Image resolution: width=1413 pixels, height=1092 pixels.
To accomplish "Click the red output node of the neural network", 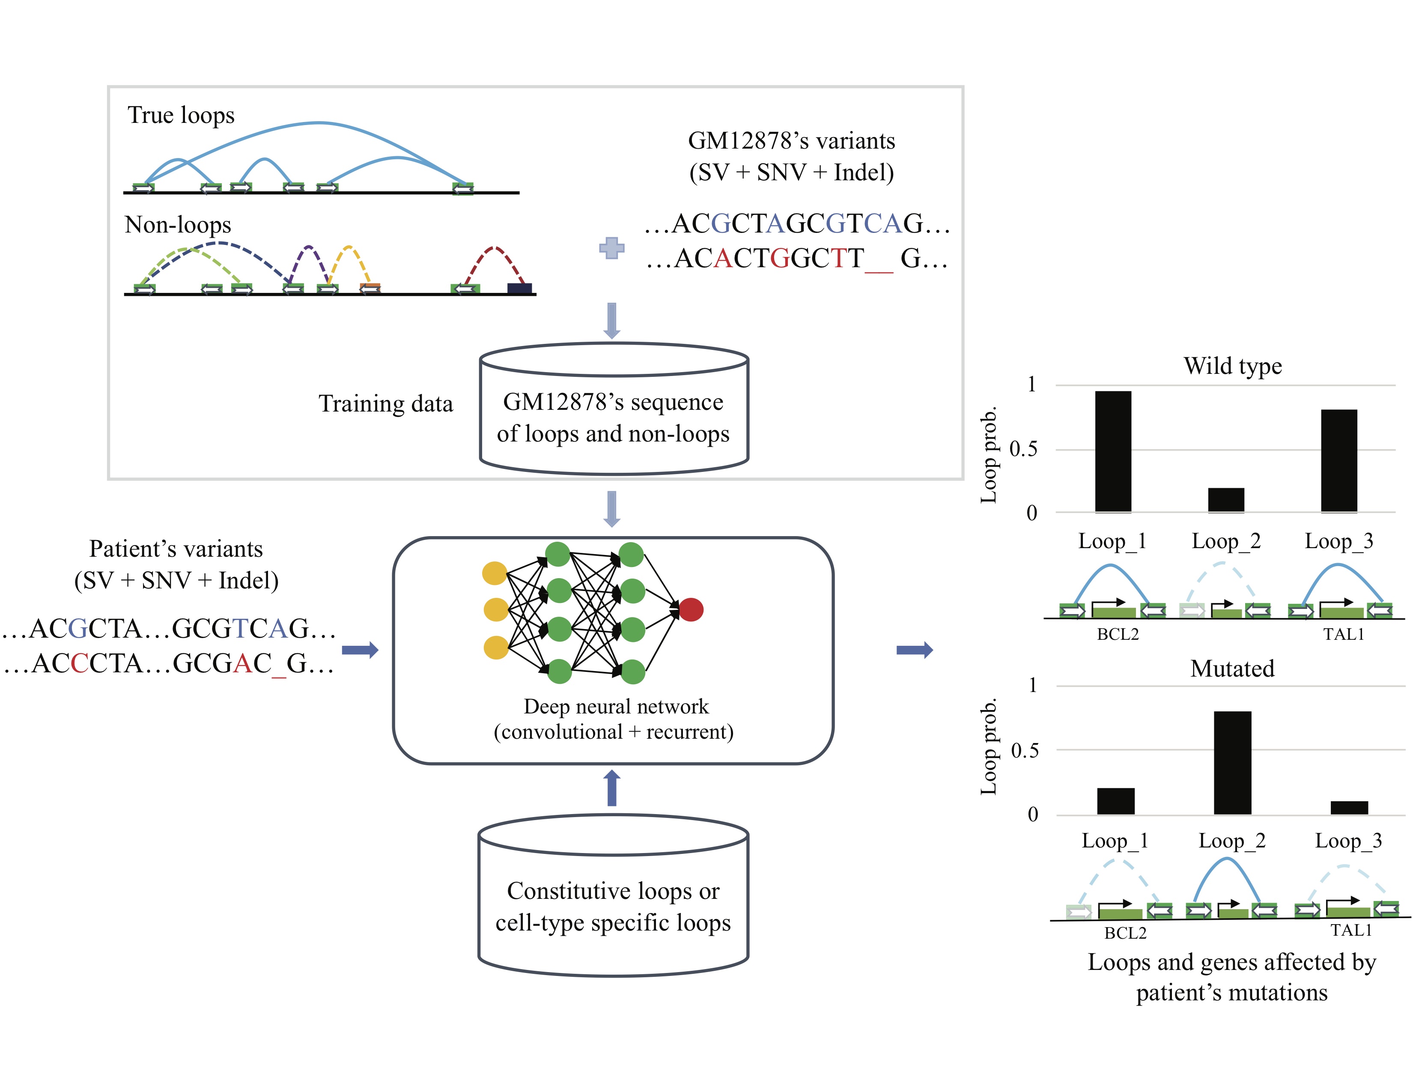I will click(691, 609).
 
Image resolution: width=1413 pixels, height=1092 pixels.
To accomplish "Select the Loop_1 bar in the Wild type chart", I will click(1113, 451).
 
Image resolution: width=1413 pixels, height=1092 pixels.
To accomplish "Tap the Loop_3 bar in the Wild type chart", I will click(1338, 461).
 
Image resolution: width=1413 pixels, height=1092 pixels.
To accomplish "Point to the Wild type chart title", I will click(1232, 366).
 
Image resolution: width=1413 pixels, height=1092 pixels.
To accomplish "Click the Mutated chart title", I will click(1232, 668).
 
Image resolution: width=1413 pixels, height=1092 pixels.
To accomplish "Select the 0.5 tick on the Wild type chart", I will click(1023, 449).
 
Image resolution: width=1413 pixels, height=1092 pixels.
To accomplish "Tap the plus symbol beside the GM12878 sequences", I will click(612, 248).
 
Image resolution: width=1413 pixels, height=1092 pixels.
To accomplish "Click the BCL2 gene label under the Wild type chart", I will click(1117, 634).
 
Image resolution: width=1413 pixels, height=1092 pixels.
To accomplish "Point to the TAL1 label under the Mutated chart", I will click(1351, 930).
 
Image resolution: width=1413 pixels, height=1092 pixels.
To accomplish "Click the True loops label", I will click(181, 115).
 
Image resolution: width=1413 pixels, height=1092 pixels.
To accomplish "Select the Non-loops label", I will click(178, 224).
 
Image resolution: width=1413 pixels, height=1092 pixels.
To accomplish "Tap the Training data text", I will click(386, 404).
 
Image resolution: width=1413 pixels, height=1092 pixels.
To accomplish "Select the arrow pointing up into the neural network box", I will click(612, 788).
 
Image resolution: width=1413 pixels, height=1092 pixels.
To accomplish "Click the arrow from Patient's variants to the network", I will click(360, 650).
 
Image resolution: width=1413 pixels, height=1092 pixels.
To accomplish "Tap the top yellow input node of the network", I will click(495, 573).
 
